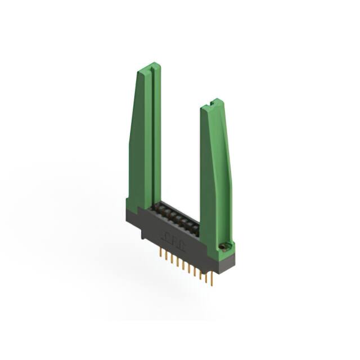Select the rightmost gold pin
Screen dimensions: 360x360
pos(212,279)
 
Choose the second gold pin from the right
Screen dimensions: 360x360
pos(206,276)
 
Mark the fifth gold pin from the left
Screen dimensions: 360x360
pos(184,265)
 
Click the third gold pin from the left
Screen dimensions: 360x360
pos(173,260)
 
